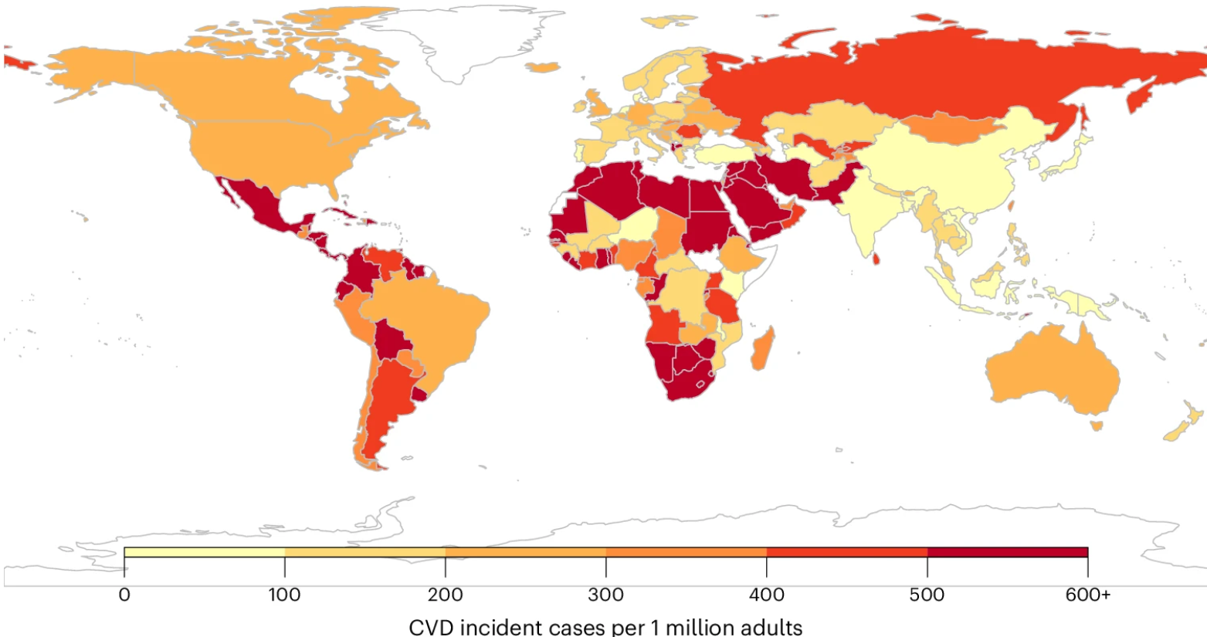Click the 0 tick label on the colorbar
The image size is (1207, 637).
coord(124,595)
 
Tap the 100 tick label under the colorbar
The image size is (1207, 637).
coord(285,595)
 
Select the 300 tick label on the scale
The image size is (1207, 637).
coord(606,595)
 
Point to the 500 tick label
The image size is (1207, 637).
coord(927,595)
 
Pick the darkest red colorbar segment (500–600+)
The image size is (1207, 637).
coord(1007,552)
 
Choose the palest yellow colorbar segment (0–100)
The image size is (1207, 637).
coord(205,552)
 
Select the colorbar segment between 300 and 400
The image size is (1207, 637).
coord(687,552)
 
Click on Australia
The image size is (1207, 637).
coord(1050,371)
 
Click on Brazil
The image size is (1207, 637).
coord(432,324)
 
